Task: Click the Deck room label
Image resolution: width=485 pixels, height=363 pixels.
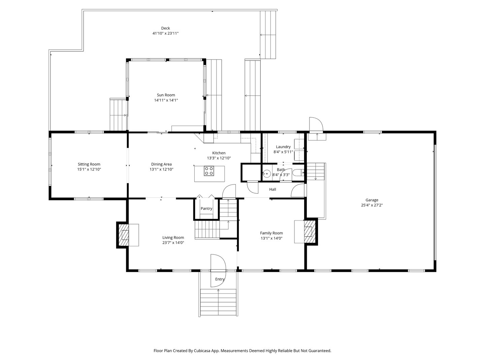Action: pos(165,28)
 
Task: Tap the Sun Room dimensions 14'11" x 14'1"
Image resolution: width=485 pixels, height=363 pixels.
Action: pos(166,100)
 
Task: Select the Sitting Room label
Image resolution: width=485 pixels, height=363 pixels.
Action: pos(89,164)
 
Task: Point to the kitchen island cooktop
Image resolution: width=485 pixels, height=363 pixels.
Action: pos(209,171)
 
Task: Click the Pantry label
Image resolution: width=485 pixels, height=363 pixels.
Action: pos(206,208)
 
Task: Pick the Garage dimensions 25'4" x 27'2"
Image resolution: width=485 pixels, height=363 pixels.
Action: pos(372,205)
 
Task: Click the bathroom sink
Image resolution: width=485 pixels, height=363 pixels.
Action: pos(267,174)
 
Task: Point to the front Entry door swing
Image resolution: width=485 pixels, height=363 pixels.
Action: pos(218,271)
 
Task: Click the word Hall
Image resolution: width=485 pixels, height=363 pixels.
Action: pos(272,189)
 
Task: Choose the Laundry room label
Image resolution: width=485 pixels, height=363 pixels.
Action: pos(283,147)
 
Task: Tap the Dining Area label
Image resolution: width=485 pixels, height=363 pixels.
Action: pos(161,164)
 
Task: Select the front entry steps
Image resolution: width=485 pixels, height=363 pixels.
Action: pos(218,302)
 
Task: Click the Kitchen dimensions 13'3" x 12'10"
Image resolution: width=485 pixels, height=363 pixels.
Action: pos(219,158)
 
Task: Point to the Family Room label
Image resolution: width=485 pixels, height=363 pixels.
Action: pos(271,233)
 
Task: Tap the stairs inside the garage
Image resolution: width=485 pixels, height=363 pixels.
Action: pos(316,171)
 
